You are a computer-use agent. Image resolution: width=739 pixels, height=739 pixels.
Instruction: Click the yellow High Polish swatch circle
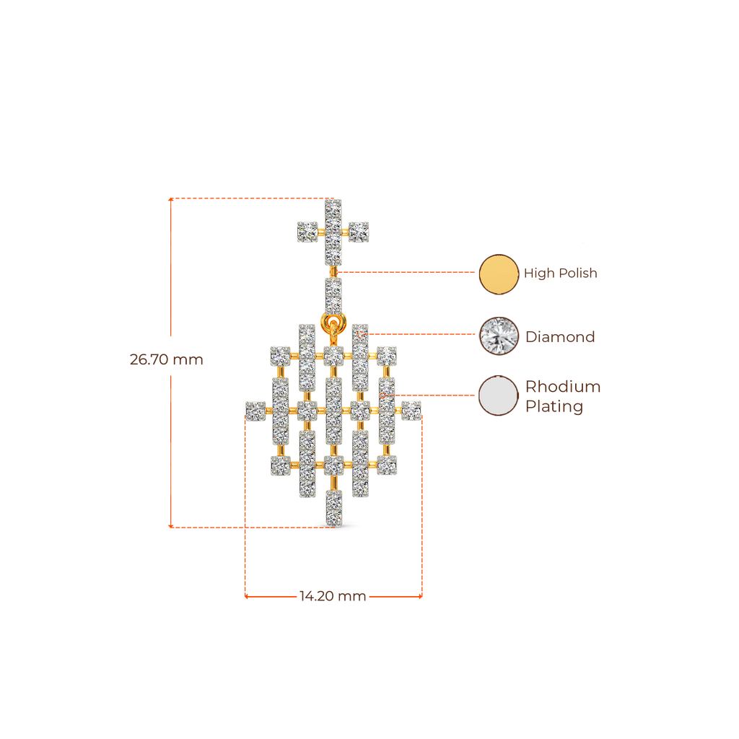499,274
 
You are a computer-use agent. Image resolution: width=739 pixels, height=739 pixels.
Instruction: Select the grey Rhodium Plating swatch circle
499,396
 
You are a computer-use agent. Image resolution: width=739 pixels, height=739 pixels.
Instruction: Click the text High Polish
561,274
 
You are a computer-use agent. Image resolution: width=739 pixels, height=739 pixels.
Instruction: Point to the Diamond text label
560,336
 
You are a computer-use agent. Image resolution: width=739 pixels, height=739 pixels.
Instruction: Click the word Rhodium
563,387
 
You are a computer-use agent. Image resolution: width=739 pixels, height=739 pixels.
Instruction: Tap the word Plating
554,407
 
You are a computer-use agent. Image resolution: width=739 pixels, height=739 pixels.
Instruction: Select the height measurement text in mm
166,359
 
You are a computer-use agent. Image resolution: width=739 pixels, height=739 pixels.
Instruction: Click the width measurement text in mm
333,596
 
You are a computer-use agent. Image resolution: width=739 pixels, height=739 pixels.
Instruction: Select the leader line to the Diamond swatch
426,334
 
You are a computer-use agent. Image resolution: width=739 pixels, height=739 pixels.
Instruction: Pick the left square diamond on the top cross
307,232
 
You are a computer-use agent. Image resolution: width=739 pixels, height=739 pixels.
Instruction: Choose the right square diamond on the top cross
359,232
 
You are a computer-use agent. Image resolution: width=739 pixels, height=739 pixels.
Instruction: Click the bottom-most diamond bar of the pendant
333,507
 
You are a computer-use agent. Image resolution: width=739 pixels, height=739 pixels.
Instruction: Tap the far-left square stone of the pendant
255,411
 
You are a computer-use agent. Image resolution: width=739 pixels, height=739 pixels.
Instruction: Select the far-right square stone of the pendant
411,411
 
